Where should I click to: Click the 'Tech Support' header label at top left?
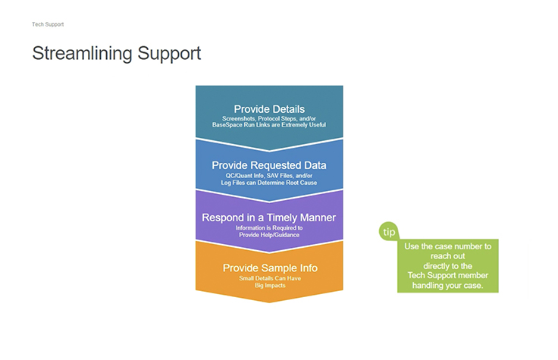point(48,24)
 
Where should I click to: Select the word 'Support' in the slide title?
point(170,54)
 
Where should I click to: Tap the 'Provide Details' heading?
point(269,108)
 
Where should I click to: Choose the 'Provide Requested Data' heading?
point(269,164)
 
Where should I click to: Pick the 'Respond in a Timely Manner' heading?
point(269,218)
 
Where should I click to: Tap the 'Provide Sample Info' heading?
point(269,268)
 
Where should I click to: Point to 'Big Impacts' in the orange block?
point(269,287)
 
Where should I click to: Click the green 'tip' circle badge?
point(389,232)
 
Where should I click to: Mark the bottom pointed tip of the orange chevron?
point(269,302)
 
